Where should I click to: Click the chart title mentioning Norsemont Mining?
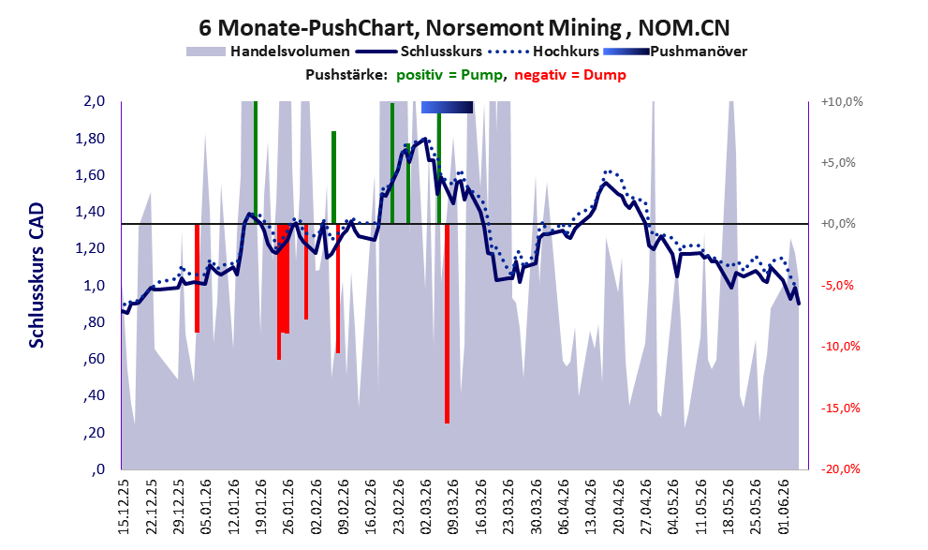point(464,27)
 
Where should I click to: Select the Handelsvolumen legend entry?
point(268,52)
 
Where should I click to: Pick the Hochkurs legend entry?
point(544,52)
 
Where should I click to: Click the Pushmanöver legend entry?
point(675,52)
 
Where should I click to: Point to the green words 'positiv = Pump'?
point(449,75)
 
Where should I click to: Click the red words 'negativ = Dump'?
point(570,75)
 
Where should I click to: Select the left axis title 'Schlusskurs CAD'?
point(37,275)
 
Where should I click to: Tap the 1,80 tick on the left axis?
point(92,139)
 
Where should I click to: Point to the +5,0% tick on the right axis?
point(838,163)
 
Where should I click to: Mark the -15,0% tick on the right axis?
point(840,408)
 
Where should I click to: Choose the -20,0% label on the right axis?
point(840,468)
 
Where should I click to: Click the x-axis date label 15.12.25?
point(123,507)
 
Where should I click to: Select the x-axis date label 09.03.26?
point(453,507)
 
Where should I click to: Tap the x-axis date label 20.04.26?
point(619,507)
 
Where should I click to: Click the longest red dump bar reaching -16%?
point(447,324)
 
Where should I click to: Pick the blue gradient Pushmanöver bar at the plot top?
point(447,107)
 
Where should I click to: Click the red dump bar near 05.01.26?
point(197,278)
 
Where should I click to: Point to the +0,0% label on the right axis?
point(838,224)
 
